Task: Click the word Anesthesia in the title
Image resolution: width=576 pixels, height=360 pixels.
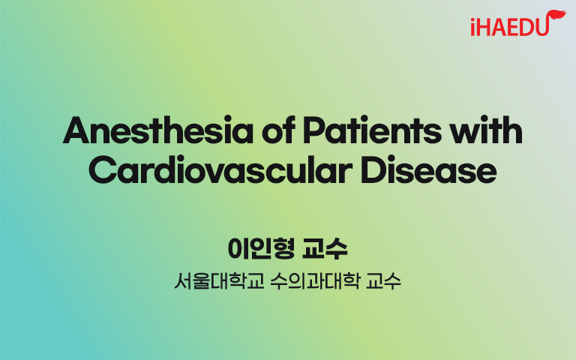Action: [158, 130]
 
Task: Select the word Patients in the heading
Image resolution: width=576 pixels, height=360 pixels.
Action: [372, 130]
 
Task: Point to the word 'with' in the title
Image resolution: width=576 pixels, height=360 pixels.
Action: [486, 130]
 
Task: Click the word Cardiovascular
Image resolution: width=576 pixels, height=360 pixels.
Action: [220, 169]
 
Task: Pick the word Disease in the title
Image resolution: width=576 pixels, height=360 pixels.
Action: [428, 169]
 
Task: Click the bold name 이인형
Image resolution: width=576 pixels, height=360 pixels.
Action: [261, 249]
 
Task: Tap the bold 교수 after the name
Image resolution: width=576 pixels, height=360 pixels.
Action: [325, 249]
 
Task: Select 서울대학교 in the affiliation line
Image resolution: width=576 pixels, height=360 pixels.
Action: [219, 281]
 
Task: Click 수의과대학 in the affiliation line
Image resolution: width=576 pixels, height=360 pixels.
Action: [314, 281]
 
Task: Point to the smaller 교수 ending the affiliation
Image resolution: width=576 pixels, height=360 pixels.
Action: [383, 281]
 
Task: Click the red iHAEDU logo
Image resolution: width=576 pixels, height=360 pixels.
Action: [517, 23]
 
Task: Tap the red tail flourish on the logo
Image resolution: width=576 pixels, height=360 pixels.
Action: [557, 17]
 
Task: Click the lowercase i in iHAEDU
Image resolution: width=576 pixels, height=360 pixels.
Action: [473, 27]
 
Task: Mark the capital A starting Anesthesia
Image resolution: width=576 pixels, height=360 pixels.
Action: [76, 130]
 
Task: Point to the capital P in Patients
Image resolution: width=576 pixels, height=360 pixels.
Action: [315, 130]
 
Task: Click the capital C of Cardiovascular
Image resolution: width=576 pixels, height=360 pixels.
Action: [102, 170]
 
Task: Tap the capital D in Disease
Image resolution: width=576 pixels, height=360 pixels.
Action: [373, 170]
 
